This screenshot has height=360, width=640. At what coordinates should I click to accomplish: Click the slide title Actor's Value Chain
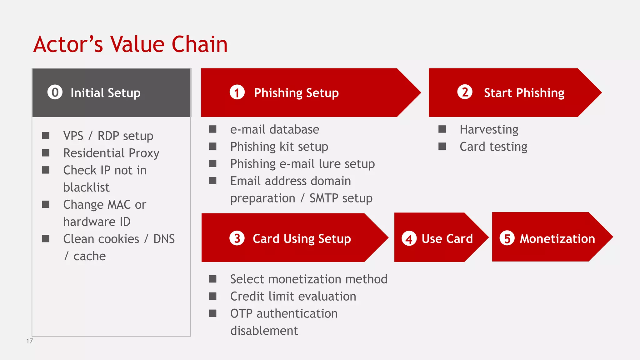(130, 44)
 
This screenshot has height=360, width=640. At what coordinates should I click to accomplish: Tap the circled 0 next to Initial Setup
(55, 92)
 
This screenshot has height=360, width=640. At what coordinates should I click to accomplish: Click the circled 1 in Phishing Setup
(237, 92)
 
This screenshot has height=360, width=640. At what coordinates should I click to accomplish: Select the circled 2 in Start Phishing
(465, 92)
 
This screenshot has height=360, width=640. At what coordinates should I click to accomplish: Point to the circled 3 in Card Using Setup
(237, 238)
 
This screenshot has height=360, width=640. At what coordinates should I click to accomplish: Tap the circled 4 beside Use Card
(409, 239)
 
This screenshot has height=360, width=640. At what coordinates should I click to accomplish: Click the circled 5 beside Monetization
(507, 238)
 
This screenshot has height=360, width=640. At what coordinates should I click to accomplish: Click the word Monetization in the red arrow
(557, 239)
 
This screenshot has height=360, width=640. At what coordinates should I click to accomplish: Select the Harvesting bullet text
(489, 129)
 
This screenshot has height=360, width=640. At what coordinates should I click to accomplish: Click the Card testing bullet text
(493, 147)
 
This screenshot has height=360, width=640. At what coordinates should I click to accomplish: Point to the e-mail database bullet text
(274, 129)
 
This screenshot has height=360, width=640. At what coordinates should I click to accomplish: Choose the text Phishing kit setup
(279, 147)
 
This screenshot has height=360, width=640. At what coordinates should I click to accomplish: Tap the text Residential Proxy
(111, 153)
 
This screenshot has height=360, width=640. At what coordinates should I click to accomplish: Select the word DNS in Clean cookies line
(164, 239)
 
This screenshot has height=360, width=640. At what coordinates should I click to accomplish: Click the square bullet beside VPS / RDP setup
(46, 136)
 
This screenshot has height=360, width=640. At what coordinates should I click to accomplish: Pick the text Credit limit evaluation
(293, 296)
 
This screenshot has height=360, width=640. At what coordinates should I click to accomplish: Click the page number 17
(29, 341)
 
